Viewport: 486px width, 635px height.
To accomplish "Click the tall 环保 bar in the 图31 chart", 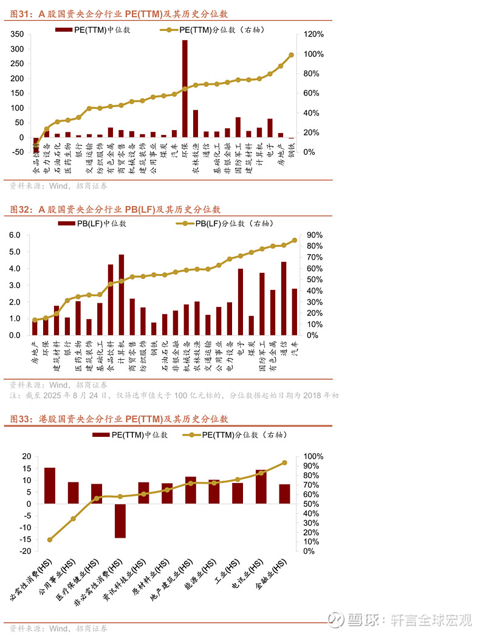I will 185,89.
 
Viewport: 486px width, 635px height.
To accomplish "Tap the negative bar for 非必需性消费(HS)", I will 120,521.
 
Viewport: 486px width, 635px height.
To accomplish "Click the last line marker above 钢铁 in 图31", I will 291,55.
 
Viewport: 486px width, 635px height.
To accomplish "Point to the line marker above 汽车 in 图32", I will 295,240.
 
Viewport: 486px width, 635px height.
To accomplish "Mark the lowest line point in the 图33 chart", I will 50,540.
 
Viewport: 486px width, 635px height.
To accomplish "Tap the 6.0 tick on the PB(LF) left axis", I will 15,235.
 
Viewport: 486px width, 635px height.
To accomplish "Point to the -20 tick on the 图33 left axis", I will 25,551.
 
